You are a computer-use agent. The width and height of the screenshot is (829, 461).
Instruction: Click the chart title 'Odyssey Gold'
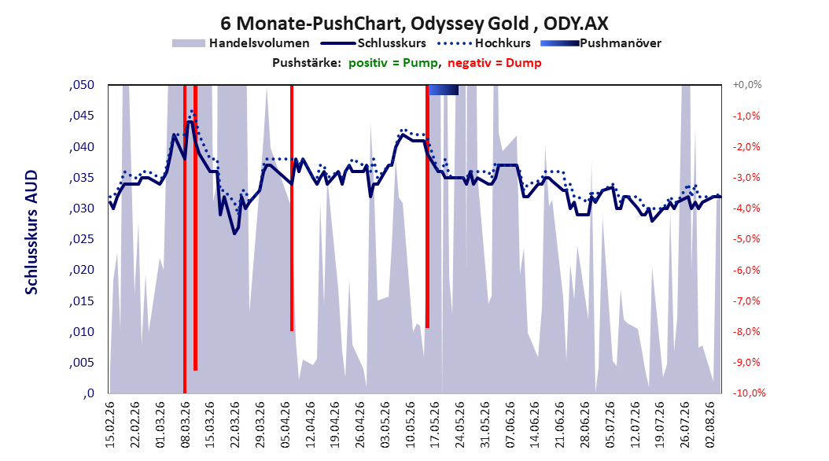click(470, 24)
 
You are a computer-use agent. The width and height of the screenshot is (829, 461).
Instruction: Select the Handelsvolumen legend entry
click(241, 43)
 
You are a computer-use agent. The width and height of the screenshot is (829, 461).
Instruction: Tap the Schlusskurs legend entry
click(374, 43)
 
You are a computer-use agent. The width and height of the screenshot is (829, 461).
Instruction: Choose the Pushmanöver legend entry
click(601, 43)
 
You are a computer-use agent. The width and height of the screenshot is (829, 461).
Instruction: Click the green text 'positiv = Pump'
click(393, 63)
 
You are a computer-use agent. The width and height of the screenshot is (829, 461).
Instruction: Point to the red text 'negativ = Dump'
click(495, 63)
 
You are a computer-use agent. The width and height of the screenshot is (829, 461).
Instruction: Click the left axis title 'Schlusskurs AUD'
click(31, 232)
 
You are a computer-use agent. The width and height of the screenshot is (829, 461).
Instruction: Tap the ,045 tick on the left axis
click(82, 116)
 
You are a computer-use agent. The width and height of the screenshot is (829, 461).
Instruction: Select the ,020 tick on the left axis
click(82, 270)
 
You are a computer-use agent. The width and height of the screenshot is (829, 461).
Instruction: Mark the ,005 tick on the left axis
click(82, 362)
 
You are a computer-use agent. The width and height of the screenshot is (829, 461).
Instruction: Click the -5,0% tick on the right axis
click(746, 239)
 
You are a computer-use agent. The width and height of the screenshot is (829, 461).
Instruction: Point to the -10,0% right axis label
click(749, 393)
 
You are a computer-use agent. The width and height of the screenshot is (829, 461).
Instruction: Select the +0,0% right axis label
click(747, 85)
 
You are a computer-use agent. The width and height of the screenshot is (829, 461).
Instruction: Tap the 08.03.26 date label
click(185, 425)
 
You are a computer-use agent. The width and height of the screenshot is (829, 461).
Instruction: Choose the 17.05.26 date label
click(435, 425)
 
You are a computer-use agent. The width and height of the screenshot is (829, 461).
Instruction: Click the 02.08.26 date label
click(709, 425)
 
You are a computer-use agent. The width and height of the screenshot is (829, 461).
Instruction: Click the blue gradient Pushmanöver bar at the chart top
click(443, 90)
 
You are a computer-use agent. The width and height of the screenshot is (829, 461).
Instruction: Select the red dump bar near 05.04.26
click(292, 208)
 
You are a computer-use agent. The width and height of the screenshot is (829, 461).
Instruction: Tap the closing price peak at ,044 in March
click(190, 122)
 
